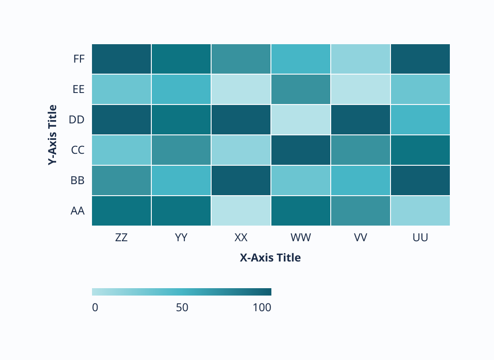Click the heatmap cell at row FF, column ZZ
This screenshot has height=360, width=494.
point(121,59)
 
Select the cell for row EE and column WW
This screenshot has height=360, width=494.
point(301,89)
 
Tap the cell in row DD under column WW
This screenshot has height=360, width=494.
point(301,120)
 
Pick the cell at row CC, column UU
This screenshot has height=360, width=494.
point(420,150)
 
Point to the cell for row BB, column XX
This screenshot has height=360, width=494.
point(241,180)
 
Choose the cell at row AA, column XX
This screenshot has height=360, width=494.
point(241,211)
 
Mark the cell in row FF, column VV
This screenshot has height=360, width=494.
point(361,59)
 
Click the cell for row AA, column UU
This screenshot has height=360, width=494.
point(420,211)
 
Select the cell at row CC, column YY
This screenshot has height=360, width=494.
point(181,150)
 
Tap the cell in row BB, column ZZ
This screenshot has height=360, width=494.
point(121,180)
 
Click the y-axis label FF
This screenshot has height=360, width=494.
point(79,59)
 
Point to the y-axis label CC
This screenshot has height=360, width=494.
point(78,150)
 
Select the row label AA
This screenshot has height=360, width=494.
point(78,211)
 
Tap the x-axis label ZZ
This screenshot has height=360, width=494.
point(121,238)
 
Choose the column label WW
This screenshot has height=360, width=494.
point(301,238)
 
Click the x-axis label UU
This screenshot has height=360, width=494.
point(420,238)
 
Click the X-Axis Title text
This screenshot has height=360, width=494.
point(270,258)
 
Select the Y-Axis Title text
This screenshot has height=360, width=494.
point(53,135)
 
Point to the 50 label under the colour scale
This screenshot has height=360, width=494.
point(182,308)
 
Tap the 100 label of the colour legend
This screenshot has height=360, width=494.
point(262,308)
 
